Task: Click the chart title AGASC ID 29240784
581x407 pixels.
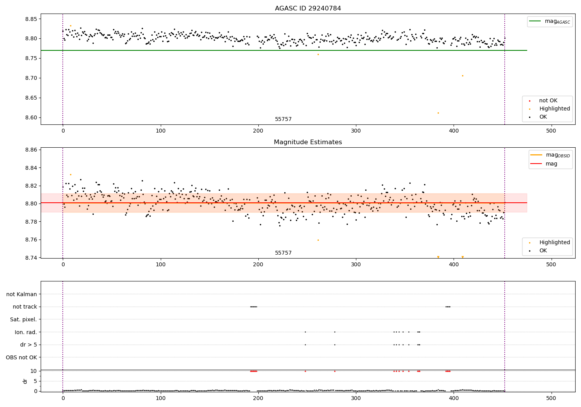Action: [x=308, y=9]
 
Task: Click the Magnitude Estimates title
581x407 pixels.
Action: [x=308, y=142]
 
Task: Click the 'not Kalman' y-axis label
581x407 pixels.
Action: [x=22, y=294]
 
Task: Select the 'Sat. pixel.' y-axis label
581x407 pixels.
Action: [x=24, y=319]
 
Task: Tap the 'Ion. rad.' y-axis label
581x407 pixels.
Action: [x=26, y=332]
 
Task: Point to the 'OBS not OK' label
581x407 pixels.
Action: [x=22, y=357]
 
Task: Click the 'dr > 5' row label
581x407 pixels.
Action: [x=29, y=345]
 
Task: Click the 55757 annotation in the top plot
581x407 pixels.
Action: [x=283, y=119]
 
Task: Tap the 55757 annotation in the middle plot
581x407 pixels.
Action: [x=283, y=253]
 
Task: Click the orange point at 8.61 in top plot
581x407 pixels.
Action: [x=438, y=113]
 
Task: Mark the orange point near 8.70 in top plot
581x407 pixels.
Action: [x=462, y=76]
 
